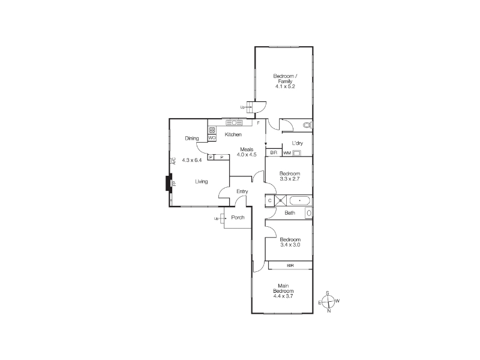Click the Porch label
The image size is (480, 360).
click(238, 217)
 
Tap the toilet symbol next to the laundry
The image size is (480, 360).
click(307, 125)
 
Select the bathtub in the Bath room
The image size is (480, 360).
click(299, 201)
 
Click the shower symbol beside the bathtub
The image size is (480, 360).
click(280, 200)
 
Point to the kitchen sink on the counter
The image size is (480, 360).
click(234, 123)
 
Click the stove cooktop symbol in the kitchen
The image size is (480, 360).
click(212, 130)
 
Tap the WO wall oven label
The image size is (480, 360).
click(212, 138)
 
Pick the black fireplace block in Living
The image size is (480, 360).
click(169, 184)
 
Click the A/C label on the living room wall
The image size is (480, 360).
click(173, 161)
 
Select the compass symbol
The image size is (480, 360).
click(329, 302)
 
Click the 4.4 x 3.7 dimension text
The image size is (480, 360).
click(283, 296)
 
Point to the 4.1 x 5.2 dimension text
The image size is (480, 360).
click(284, 86)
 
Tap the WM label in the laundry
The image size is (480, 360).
click(287, 153)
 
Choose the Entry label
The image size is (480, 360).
click(242, 191)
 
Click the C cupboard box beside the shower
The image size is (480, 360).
click(269, 200)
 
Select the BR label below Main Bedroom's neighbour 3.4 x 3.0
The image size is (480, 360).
click(290, 265)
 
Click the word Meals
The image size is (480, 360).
click(247, 149)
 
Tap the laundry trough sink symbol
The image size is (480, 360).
click(296, 153)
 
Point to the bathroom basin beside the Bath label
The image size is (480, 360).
click(309, 213)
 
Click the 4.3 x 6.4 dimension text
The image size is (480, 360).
click(192, 160)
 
